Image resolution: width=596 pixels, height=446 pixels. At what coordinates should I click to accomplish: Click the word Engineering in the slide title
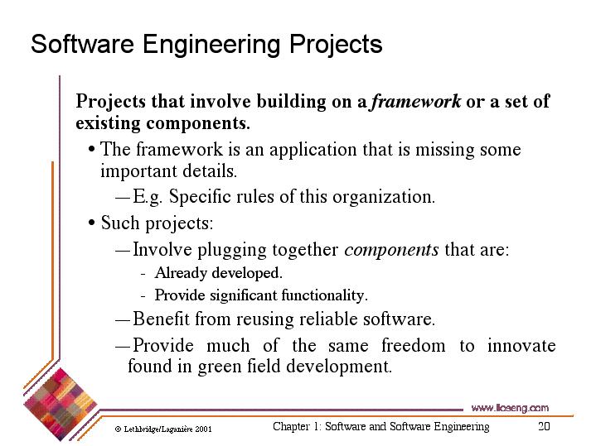[x=211, y=46]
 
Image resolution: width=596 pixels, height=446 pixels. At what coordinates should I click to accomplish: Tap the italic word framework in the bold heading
[x=416, y=101]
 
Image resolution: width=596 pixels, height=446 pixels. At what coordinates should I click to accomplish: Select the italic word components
[x=391, y=251]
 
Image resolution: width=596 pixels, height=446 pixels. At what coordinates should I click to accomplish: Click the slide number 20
[x=544, y=426]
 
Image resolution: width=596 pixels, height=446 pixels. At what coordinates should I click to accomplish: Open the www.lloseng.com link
[x=510, y=408]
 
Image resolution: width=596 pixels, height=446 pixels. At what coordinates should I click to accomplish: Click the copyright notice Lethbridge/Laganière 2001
[x=163, y=429]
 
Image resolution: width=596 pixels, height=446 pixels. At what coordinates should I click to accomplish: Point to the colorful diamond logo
[x=60, y=405]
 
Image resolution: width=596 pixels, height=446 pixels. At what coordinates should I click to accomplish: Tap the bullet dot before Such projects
[x=91, y=223]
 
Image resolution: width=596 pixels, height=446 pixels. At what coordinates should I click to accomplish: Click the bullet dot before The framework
[x=91, y=149]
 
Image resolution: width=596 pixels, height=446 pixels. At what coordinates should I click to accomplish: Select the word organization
[x=384, y=198]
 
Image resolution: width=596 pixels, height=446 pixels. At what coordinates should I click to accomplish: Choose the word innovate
[x=521, y=345]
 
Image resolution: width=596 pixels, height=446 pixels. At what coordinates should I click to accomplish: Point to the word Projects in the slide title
[x=336, y=46]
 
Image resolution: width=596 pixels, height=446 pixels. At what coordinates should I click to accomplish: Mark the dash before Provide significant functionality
[x=143, y=295]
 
